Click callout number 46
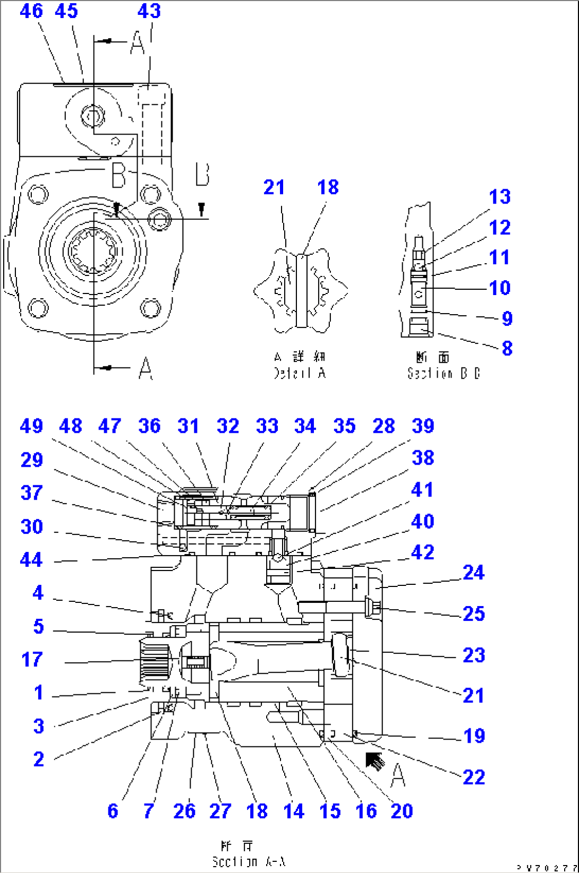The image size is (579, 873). coord(31,11)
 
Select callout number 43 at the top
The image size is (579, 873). coord(149,11)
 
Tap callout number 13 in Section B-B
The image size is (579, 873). coord(499,197)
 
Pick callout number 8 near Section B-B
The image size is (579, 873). coord(507,349)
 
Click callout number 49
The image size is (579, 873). coord(31,426)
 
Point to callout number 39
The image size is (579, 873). coord(423,426)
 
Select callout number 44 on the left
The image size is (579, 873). coord(31,560)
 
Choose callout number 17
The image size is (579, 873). coord(32,660)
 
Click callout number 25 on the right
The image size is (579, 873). coord(473,614)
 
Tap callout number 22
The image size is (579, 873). coord(473,777)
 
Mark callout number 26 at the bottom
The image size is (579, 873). coord(184,811)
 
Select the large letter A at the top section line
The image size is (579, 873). coord(137,43)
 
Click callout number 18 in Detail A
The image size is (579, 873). coord(328,187)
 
